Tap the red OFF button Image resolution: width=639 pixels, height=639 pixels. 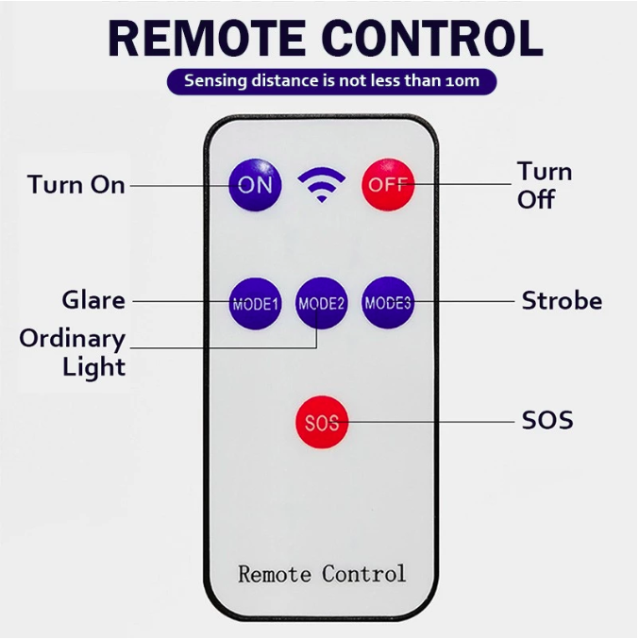click(x=388, y=183)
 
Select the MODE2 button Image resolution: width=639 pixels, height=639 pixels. click(x=322, y=303)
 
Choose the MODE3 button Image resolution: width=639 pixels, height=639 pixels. click(x=388, y=302)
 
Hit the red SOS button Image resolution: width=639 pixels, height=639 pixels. click(x=321, y=422)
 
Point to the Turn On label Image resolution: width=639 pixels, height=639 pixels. click(x=76, y=184)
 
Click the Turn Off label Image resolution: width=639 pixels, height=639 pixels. click(x=544, y=185)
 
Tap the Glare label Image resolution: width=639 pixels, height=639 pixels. click(x=93, y=301)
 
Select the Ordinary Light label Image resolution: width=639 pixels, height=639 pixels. click(x=74, y=352)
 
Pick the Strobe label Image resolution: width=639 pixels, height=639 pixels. click(x=562, y=301)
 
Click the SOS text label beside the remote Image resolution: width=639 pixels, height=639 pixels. click(x=547, y=419)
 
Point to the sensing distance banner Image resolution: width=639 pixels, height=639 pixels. click(x=331, y=81)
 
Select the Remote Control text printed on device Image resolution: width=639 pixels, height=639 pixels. click(x=322, y=573)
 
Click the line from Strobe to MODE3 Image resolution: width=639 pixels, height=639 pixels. click(x=462, y=302)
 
